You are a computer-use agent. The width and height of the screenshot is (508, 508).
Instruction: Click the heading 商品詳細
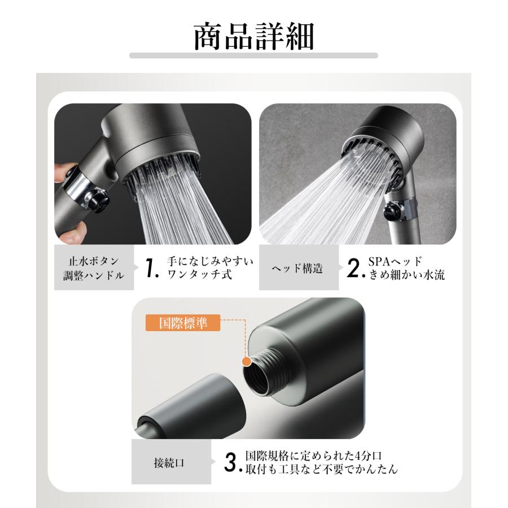click(253, 36)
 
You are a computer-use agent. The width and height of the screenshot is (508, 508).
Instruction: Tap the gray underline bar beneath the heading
click(253, 56)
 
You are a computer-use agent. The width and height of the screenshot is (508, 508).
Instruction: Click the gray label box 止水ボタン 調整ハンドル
click(94, 268)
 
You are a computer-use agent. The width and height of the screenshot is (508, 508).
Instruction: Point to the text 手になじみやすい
click(211, 261)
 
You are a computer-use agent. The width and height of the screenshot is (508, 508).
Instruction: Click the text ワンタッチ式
click(200, 274)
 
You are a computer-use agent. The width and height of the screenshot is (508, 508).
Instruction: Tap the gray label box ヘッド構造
click(299, 268)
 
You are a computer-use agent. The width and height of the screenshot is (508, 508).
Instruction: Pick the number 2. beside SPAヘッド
click(356, 268)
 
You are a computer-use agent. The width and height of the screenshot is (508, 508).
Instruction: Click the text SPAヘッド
click(395, 261)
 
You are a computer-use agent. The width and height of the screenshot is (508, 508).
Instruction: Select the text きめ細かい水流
click(407, 275)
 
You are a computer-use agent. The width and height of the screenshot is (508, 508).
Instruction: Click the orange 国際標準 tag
click(183, 323)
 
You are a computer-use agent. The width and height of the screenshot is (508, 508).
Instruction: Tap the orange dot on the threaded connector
click(247, 362)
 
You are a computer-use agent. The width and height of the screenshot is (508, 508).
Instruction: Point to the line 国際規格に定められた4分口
click(314, 456)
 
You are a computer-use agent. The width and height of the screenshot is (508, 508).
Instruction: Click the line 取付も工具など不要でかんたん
click(321, 469)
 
